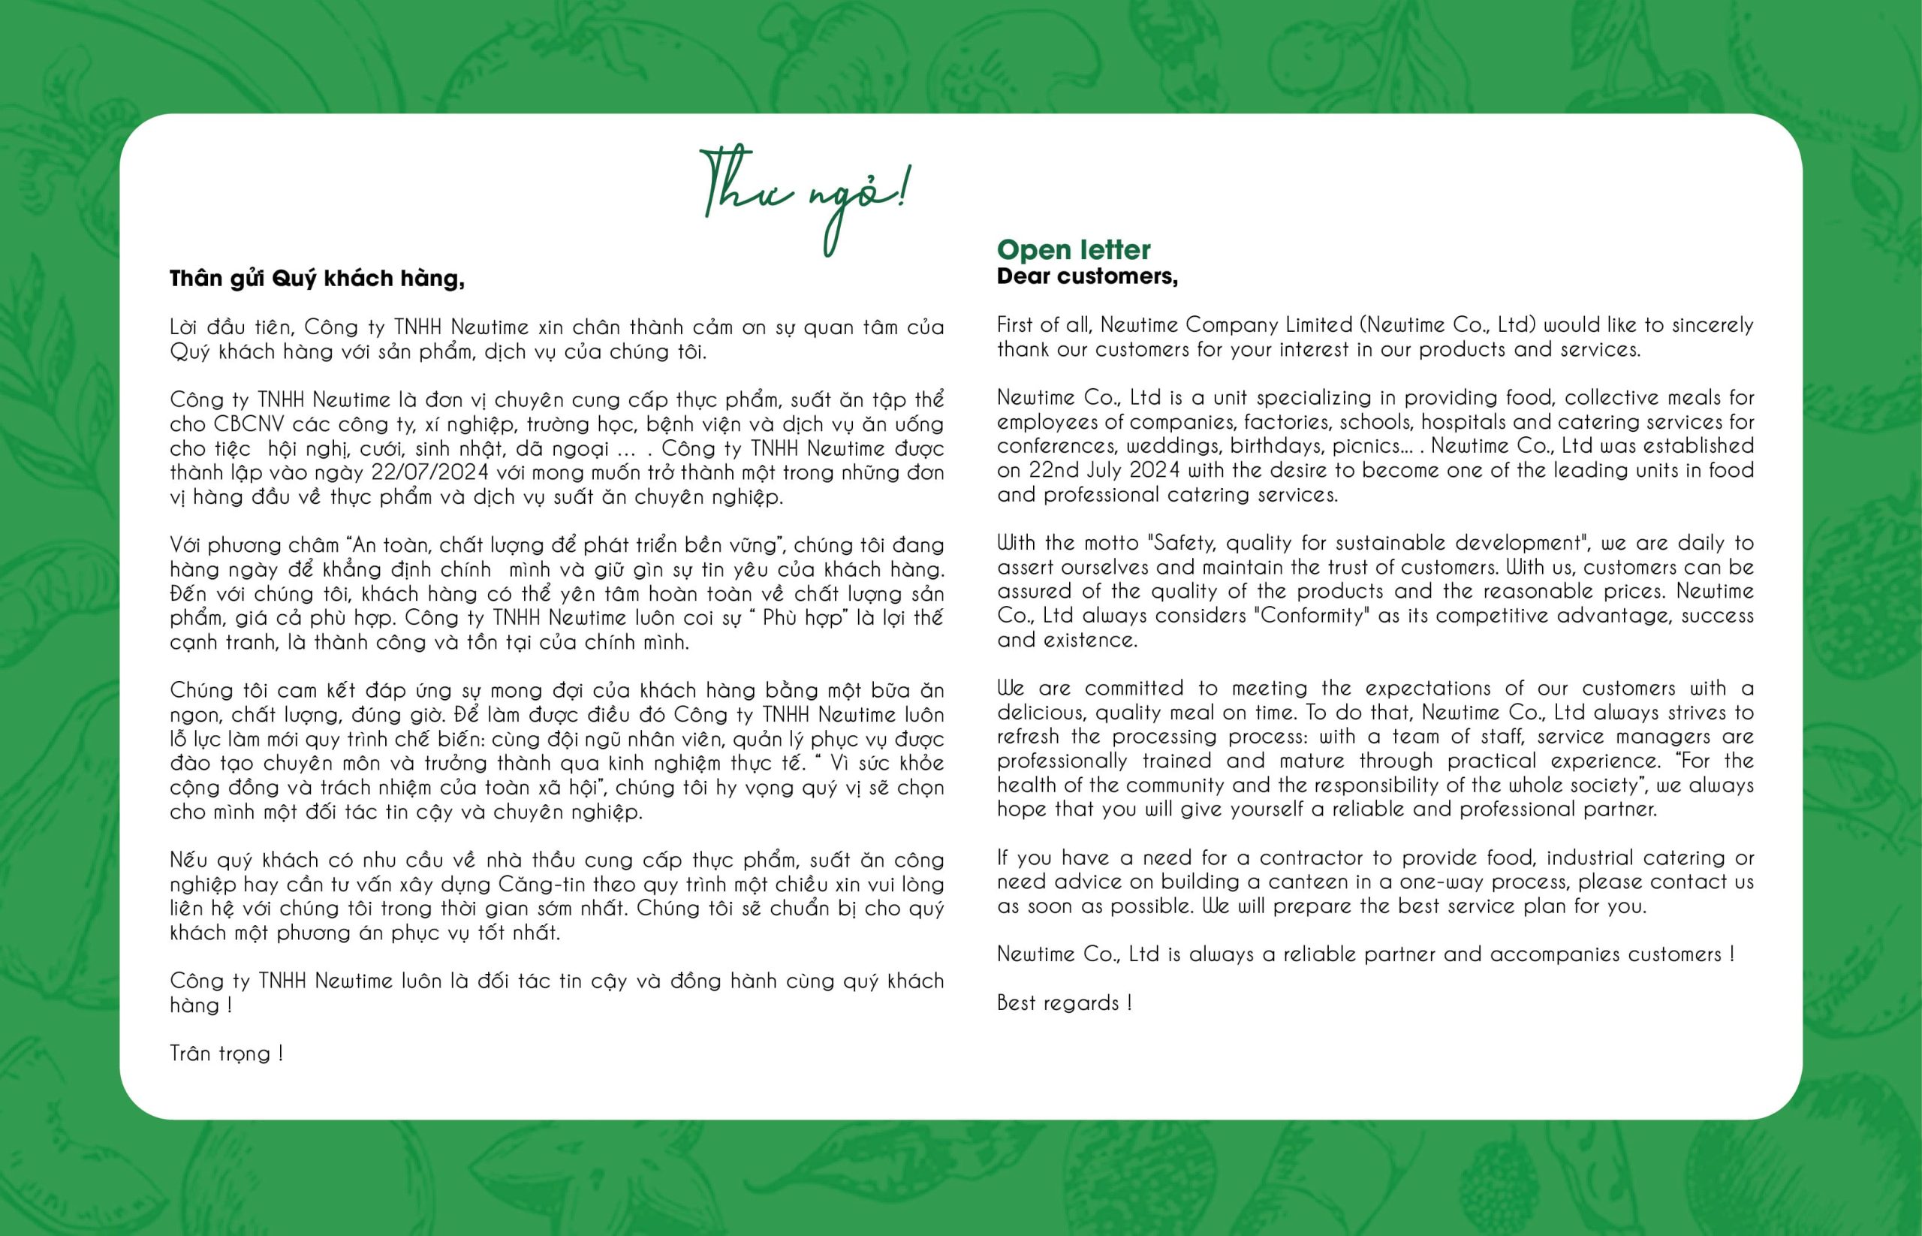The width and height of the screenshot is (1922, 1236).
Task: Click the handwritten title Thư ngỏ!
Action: [805, 198]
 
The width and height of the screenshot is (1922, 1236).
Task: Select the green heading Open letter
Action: [1073, 249]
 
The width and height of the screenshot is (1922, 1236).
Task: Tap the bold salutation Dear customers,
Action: [1086, 276]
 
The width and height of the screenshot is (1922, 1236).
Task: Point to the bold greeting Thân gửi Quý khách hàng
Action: [317, 279]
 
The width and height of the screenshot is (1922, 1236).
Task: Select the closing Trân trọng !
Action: [225, 1053]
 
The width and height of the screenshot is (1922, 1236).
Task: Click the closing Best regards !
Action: [1064, 1002]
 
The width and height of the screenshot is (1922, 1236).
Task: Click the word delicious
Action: [1041, 713]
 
